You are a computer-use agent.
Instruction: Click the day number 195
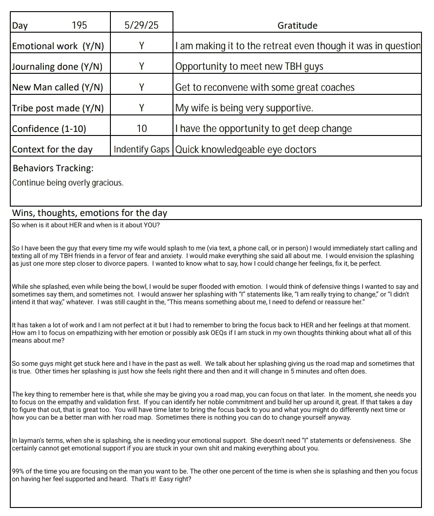pos(79,25)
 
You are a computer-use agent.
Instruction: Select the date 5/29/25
pos(141,25)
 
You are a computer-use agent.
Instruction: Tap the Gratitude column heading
pos(297,25)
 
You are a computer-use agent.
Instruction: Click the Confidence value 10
pos(141,129)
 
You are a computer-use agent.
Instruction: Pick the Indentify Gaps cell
pos(141,149)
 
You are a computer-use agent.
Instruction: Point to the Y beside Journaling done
pos(141,67)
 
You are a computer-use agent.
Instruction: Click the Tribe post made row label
pos(58,108)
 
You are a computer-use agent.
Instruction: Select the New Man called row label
pos(57,88)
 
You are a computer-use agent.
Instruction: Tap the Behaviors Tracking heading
pos(53,168)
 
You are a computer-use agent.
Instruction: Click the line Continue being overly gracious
pos(67,183)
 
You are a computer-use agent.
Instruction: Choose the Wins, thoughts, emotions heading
pos(89,213)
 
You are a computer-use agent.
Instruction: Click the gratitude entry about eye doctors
pos(245,149)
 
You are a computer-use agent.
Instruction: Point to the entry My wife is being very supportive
pos(244,108)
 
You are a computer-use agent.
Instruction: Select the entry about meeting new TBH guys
pos(249,67)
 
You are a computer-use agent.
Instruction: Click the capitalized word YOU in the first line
pos(151,225)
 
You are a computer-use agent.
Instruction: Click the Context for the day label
pos(52,149)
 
